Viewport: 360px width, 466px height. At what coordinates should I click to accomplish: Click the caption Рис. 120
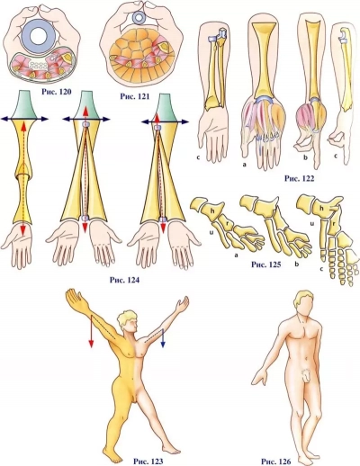tap(57, 91)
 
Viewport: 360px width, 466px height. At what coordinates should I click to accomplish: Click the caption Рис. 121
tap(135, 96)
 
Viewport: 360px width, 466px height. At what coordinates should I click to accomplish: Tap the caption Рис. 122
tap(299, 179)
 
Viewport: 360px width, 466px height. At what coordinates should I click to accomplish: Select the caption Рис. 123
tap(148, 461)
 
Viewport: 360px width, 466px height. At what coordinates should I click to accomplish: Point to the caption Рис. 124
tap(124, 280)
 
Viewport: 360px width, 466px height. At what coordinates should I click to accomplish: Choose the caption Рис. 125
tap(266, 264)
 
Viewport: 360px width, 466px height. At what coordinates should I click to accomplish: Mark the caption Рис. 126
tap(276, 462)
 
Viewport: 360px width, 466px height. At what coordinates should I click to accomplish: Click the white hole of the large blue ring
tap(39, 36)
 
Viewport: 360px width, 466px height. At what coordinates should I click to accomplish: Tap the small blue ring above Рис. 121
tap(139, 18)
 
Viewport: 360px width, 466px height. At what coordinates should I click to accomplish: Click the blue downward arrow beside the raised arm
tap(163, 338)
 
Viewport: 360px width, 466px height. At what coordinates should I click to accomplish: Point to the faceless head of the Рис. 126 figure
tap(303, 305)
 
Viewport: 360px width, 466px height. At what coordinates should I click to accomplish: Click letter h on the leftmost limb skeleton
tap(212, 211)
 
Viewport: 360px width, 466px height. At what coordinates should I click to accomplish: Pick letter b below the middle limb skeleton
tap(298, 264)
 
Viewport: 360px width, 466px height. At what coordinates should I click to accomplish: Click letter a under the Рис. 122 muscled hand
tap(245, 165)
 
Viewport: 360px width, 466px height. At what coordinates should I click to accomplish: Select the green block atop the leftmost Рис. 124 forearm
tap(25, 104)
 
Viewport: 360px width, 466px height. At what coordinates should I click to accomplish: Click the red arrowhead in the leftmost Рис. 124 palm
tap(23, 231)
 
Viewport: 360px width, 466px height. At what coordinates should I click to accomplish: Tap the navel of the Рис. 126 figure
tap(306, 359)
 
